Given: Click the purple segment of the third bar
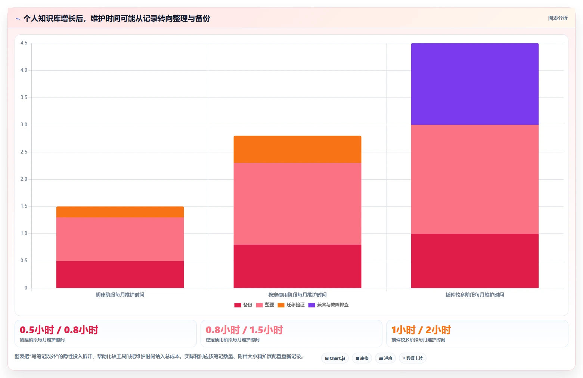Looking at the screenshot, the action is click(x=475, y=84).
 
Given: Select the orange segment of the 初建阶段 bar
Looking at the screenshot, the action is click(x=120, y=212).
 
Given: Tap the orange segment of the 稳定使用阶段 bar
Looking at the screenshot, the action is click(x=297, y=149).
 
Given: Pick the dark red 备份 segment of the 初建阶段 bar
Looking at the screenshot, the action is click(x=120, y=275).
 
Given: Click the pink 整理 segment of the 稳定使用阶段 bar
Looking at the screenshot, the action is click(x=297, y=204).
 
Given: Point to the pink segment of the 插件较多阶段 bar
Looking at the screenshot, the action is click(x=475, y=179).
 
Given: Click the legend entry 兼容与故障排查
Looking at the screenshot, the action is click(x=328, y=305).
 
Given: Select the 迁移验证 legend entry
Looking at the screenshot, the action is click(x=291, y=305).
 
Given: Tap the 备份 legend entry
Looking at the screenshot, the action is click(x=244, y=305).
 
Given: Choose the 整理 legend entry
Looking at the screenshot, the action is click(x=265, y=305).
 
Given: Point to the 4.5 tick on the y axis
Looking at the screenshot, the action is click(x=24, y=43).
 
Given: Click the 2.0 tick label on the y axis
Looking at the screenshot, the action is click(x=24, y=179).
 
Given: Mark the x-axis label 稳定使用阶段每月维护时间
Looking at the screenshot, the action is click(x=297, y=295).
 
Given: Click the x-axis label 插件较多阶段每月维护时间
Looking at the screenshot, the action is click(x=475, y=295).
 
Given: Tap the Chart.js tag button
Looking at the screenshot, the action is click(x=335, y=358).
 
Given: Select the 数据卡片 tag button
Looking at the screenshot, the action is click(x=413, y=358).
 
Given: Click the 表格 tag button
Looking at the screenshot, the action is click(x=362, y=358).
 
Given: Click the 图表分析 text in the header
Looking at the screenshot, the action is click(x=558, y=18).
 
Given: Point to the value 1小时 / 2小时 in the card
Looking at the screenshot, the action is click(x=421, y=330).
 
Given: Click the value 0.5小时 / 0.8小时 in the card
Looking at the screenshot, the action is click(x=59, y=330).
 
